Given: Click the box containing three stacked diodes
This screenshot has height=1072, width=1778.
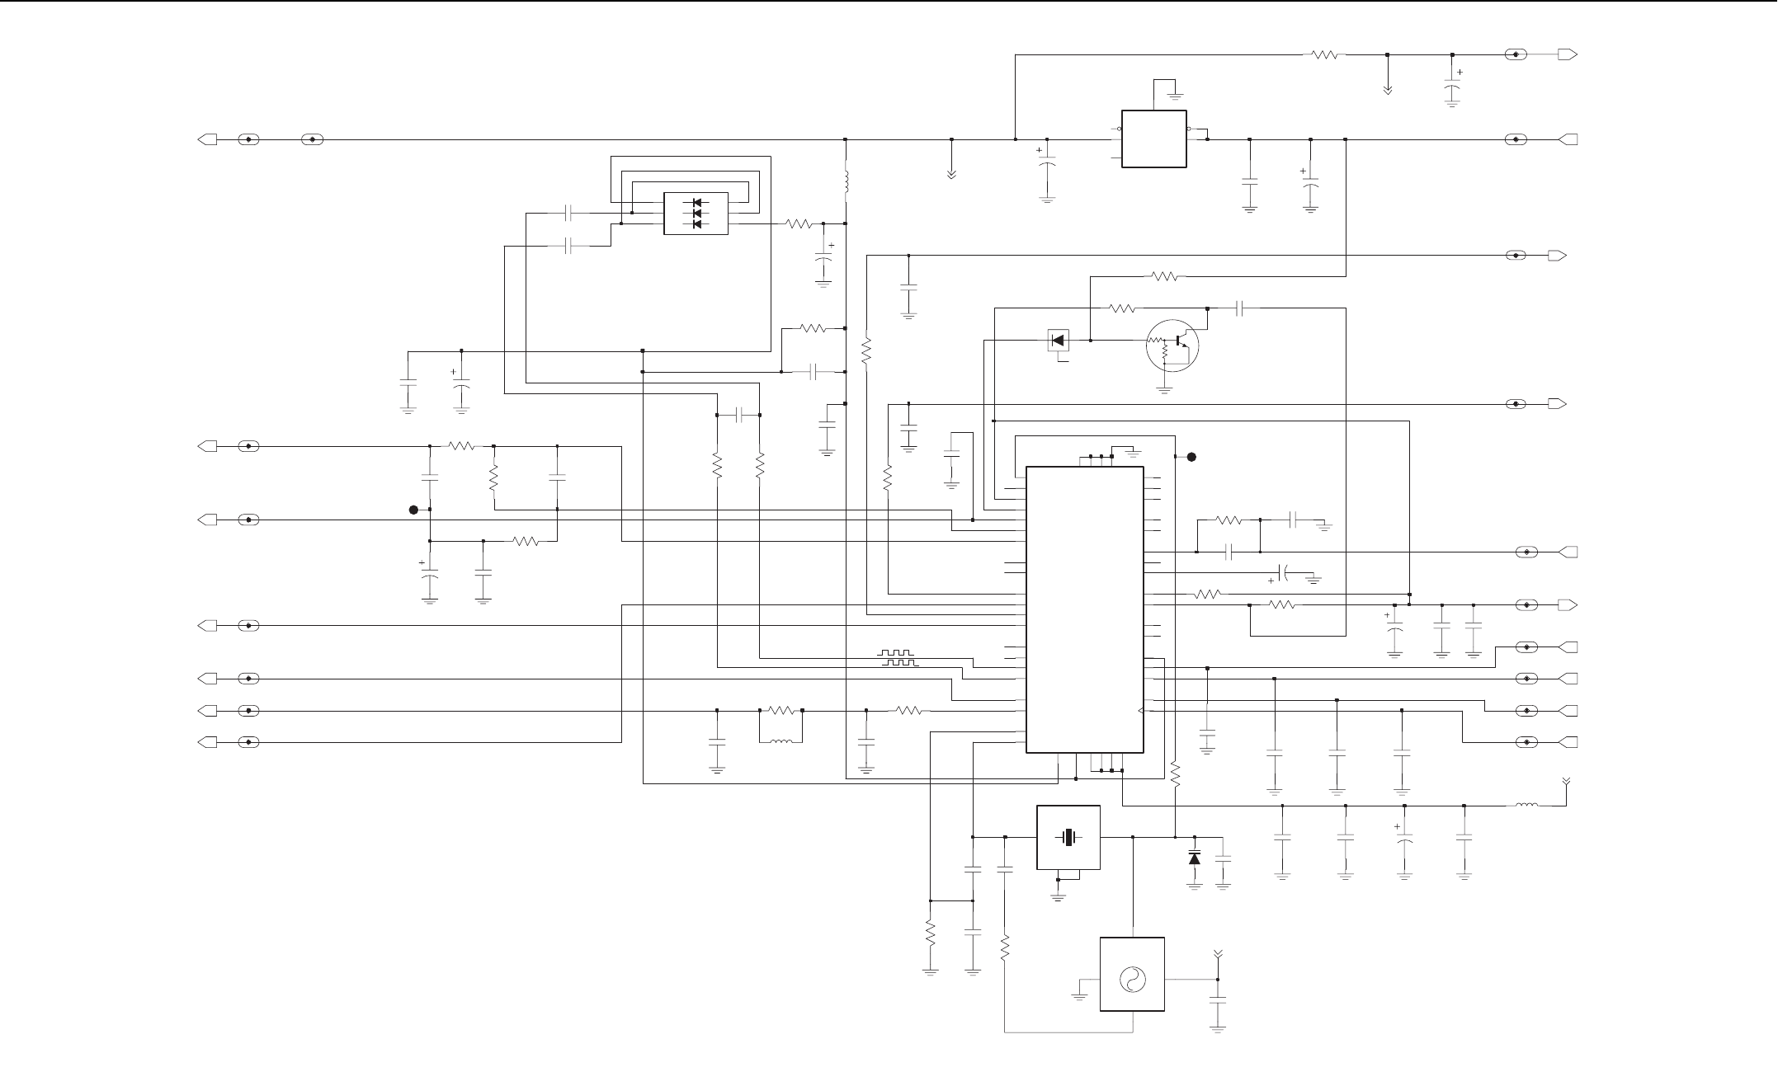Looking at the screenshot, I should click(696, 214).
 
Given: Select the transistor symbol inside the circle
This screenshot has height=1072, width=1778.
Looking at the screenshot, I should click(1172, 344).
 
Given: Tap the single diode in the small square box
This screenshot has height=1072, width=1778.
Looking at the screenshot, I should click(1057, 340).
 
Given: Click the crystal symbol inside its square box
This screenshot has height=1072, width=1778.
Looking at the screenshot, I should click(1068, 837).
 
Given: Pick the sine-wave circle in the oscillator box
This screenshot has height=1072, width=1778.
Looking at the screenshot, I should click(1132, 979).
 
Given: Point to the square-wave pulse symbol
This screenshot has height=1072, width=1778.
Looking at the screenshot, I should click(898, 658).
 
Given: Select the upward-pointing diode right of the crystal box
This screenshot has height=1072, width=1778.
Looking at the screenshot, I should click(1195, 858).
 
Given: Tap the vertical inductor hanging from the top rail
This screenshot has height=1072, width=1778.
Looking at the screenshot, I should click(847, 182).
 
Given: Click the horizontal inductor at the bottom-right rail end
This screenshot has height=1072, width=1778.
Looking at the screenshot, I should click(1526, 806).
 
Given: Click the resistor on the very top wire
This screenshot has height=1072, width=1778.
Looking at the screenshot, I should click(1324, 55).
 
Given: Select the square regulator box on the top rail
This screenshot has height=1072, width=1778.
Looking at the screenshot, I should click(1153, 139).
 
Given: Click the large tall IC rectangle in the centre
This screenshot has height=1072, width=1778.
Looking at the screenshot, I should click(1084, 609).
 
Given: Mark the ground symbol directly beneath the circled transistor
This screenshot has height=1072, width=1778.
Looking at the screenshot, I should click(1165, 390).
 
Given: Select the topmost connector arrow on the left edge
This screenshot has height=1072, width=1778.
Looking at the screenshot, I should click(208, 139).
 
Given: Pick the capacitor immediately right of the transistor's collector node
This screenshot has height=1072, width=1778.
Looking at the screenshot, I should click(1239, 308).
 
